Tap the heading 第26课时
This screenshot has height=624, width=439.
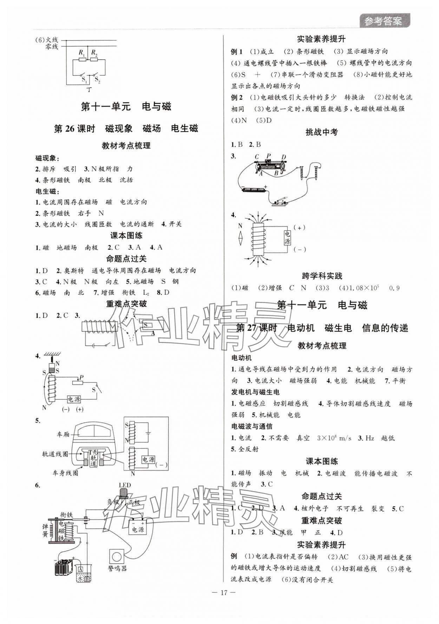(x=74, y=129)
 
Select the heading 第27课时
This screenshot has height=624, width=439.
(x=256, y=328)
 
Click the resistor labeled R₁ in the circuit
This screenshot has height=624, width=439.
(x=82, y=59)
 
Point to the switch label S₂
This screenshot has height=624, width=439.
(x=97, y=81)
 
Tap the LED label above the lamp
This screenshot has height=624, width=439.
(x=125, y=485)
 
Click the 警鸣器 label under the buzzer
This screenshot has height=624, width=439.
(x=117, y=568)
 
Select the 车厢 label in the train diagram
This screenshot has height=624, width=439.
(x=63, y=434)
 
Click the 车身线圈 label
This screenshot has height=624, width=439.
(x=65, y=473)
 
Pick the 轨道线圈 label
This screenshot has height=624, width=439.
(x=55, y=454)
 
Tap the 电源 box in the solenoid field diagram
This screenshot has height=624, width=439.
(x=287, y=238)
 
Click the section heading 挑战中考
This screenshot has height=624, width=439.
(x=321, y=132)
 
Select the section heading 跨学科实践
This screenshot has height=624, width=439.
(x=322, y=276)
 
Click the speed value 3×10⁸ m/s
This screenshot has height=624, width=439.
(x=334, y=438)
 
